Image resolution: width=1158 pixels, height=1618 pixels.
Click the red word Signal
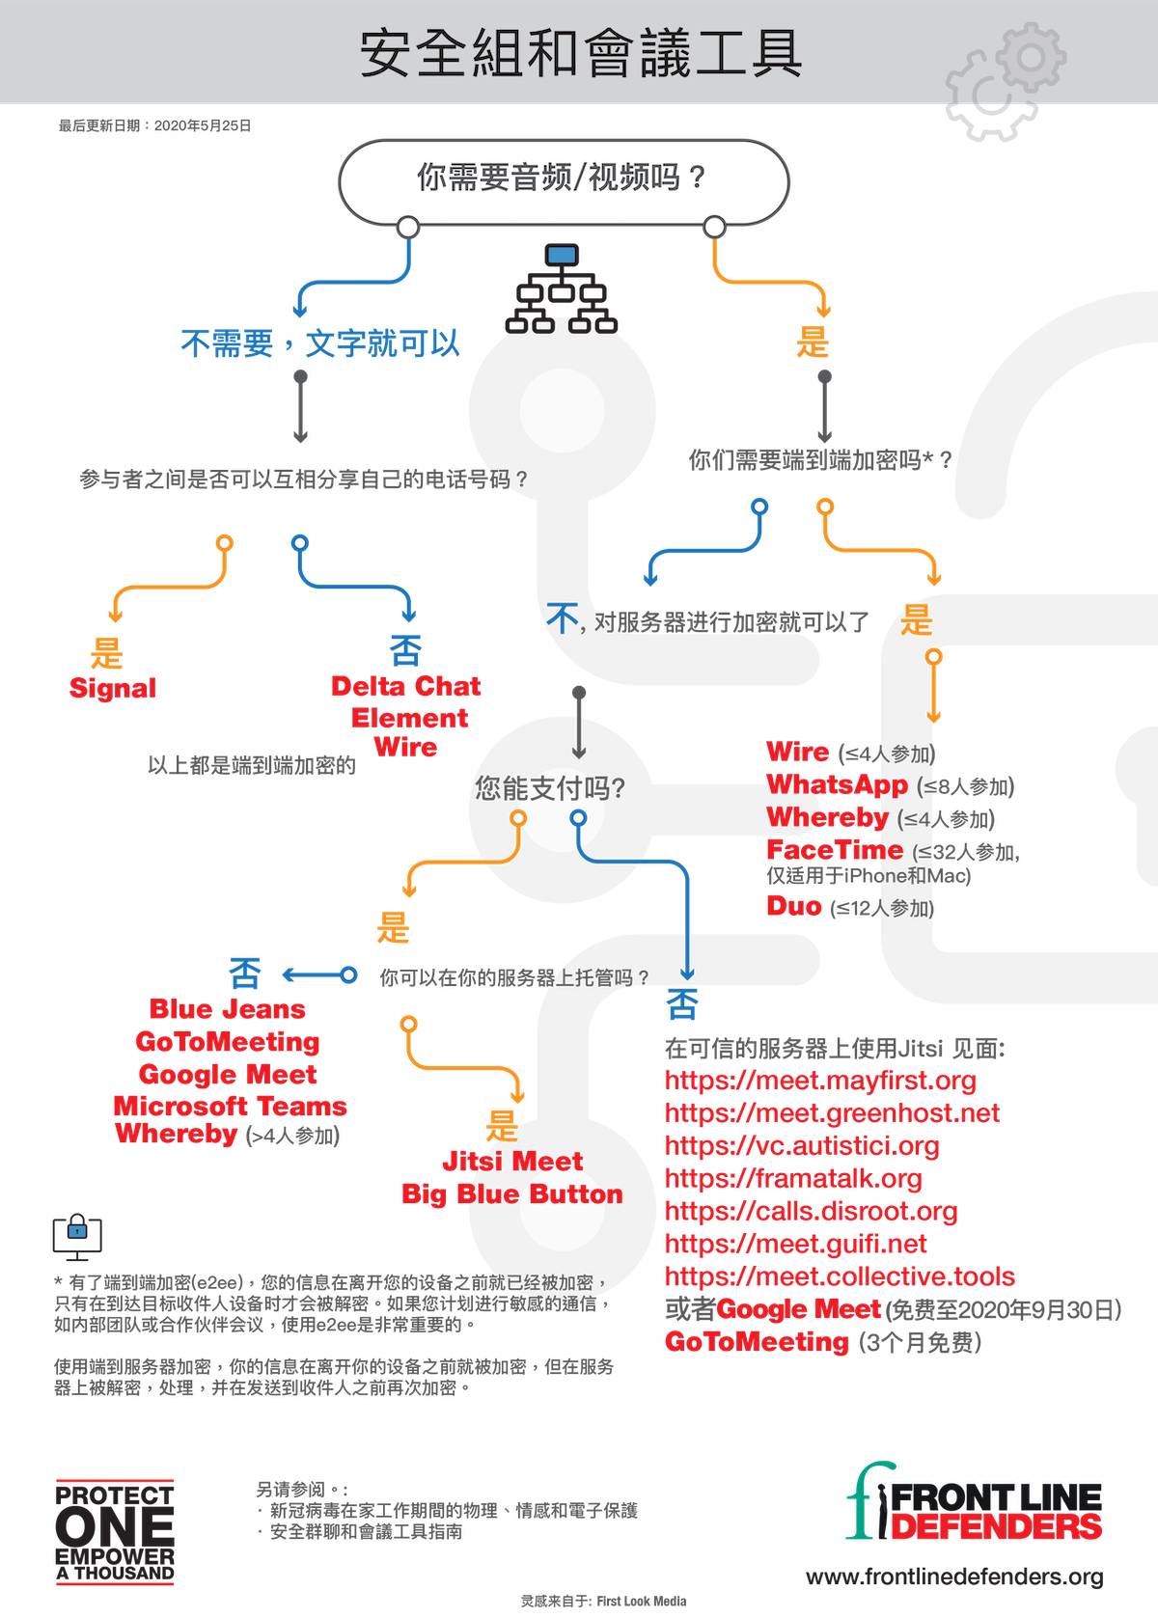[x=113, y=688]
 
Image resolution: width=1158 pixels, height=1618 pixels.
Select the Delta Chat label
[x=406, y=686]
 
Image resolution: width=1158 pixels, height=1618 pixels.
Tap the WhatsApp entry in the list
[x=837, y=785]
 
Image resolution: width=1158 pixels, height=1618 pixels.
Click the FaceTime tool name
[x=835, y=850]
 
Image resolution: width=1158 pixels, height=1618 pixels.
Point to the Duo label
[x=794, y=906]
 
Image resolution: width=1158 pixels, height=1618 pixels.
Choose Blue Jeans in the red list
[x=228, y=1009]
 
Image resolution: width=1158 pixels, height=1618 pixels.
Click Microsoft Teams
[x=230, y=1106]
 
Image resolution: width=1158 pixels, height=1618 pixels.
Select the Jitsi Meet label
[x=512, y=1161]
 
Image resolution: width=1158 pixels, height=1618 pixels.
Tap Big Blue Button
[x=511, y=1193]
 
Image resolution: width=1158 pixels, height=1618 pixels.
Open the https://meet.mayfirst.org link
[x=820, y=1080]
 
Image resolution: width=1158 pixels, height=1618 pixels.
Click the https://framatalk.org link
[x=793, y=1178]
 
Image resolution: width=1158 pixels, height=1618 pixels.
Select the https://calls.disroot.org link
[x=811, y=1211]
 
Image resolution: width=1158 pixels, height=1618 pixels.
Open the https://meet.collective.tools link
[x=840, y=1276]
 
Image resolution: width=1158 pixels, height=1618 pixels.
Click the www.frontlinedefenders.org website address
[x=954, y=1576]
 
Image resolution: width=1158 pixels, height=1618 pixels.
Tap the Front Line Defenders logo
[x=975, y=1503]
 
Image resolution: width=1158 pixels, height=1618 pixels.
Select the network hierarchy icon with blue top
[x=562, y=289]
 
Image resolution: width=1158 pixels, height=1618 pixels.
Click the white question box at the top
[x=563, y=179]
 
